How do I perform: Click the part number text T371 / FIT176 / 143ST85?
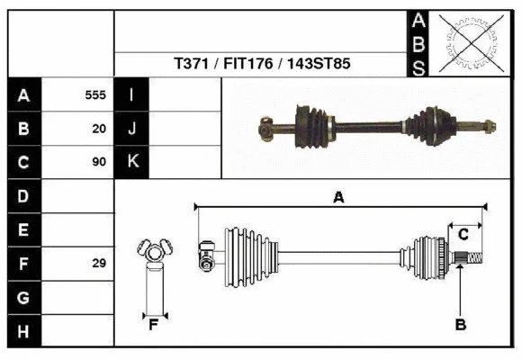pyautogui.click(x=262, y=65)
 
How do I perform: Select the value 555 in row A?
pyautogui.click(x=95, y=94)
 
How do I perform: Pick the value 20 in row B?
pyautogui.click(x=99, y=129)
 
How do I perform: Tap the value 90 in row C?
pyautogui.click(x=99, y=163)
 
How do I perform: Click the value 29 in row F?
pyautogui.click(x=99, y=264)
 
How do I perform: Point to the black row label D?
pyautogui.click(x=23, y=196)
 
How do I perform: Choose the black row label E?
pyautogui.click(x=23, y=230)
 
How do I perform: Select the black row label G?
pyautogui.click(x=23, y=297)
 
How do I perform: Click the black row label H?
pyautogui.click(x=23, y=331)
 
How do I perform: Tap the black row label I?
pyautogui.click(x=131, y=94)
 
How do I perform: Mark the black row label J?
pyautogui.click(x=131, y=129)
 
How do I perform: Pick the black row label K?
pyautogui.click(x=131, y=163)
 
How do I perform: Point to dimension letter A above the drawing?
pyautogui.click(x=338, y=197)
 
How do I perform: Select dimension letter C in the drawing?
pyautogui.click(x=463, y=235)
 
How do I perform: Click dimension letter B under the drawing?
pyautogui.click(x=460, y=325)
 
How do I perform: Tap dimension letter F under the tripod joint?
pyautogui.click(x=154, y=325)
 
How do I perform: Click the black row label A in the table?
pyautogui.click(x=23, y=95)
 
